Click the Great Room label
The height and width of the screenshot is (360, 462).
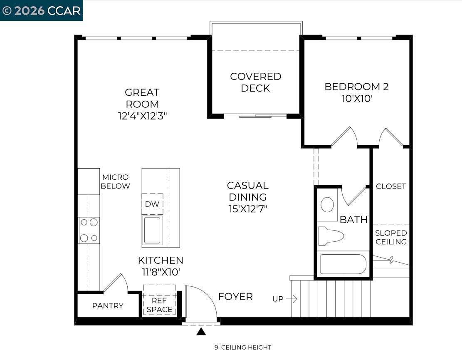pyautogui.click(x=142, y=98)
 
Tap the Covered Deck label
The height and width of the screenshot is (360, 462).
pyautogui.click(x=255, y=82)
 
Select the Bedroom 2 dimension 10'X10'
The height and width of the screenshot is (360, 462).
pyautogui.click(x=356, y=99)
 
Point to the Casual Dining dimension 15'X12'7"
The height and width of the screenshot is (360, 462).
pyautogui.click(x=248, y=209)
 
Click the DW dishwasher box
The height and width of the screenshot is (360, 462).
pyautogui.click(x=152, y=204)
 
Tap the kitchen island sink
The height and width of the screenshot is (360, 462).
pyautogui.click(x=152, y=230)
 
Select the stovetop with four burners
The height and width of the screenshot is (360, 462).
pyautogui.click(x=89, y=230)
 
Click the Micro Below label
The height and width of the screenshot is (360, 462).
pyautogui.click(x=115, y=182)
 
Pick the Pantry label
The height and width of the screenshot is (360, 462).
pyautogui.click(x=108, y=305)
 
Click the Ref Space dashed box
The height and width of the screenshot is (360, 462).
pyautogui.click(x=159, y=300)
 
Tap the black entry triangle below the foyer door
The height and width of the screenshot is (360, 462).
pyautogui.click(x=201, y=331)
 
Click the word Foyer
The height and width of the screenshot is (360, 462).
pyautogui.click(x=235, y=297)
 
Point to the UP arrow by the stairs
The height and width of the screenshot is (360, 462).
pyautogui.click(x=292, y=299)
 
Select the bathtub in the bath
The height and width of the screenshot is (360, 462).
pyautogui.click(x=343, y=264)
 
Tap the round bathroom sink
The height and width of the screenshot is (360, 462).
pyautogui.click(x=327, y=205)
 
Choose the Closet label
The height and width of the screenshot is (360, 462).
pyautogui.click(x=391, y=186)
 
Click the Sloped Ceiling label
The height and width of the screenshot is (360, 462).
pyautogui.click(x=391, y=237)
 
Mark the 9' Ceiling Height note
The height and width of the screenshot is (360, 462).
pyautogui.click(x=243, y=347)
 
